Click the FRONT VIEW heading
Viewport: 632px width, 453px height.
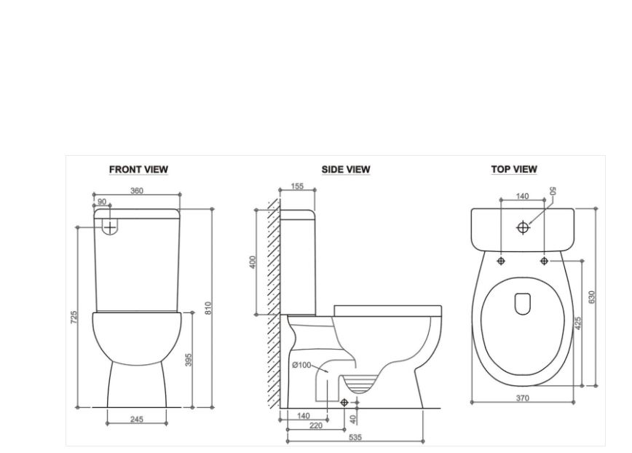point(138,169)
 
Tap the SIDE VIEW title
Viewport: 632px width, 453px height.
point(346,169)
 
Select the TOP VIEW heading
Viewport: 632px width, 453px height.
point(514,169)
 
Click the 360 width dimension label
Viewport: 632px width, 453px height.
point(137,191)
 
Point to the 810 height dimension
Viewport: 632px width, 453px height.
point(208,308)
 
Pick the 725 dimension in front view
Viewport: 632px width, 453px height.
point(74,318)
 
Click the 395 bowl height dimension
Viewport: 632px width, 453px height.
point(189,360)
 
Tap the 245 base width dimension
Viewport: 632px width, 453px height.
point(137,419)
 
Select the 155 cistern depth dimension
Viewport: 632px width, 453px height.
point(297,186)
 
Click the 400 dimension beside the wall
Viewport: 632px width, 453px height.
point(253,262)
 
